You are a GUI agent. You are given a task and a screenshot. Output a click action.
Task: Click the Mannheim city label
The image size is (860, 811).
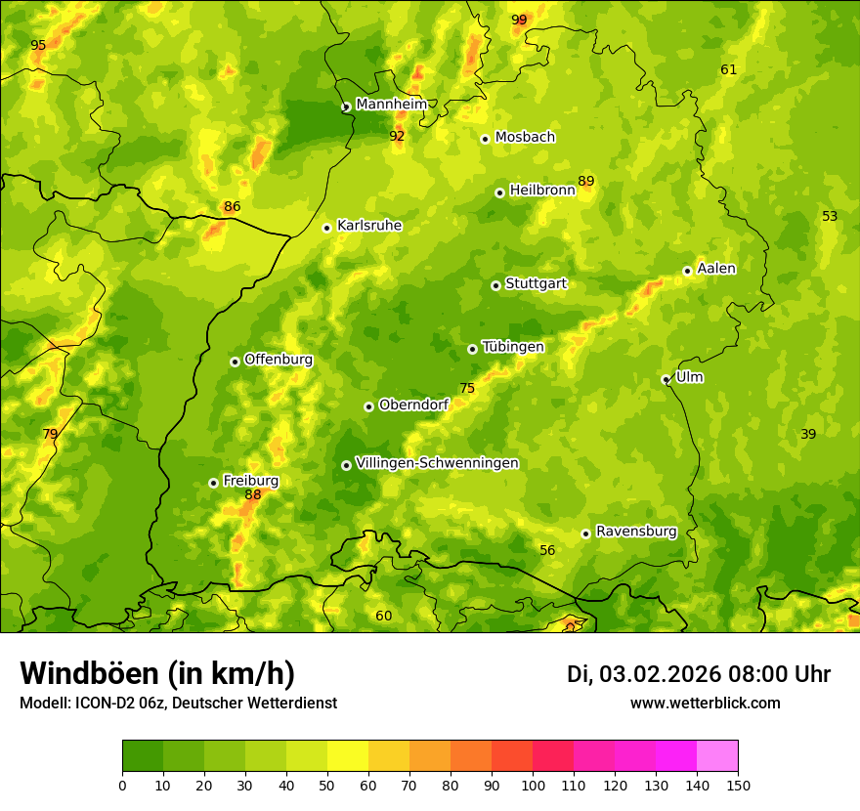pyautogui.click(x=391, y=105)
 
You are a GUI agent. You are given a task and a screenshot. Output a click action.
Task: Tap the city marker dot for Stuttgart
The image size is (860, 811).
pyautogui.click(x=495, y=285)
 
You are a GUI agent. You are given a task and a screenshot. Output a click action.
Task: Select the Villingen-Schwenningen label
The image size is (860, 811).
pyautogui.click(x=437, y=463)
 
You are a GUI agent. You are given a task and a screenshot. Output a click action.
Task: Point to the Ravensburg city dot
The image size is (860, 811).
pyautogui.click(x=585, y=534)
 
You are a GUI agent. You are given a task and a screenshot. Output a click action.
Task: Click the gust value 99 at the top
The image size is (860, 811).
pyautogui.click(x=519, y=21)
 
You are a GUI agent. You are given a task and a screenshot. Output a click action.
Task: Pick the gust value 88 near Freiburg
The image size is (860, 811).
pyautogui.click(x=253, y=495)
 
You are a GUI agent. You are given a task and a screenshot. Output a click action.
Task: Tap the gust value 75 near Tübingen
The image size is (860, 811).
pyautogui.click(x=467, y=389)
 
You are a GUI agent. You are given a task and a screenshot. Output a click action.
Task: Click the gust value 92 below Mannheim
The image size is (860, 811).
pyautogui.click(x=397, y=137)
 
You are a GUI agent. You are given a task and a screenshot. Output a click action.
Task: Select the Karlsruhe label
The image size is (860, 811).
pyautogui.click(x=368, y=226)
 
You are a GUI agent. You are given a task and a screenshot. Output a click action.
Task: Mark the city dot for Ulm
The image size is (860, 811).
pyautogui.click(x=666, y=379)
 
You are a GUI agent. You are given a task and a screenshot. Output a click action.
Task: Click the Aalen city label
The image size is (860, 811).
pyautogui.click(x=716, y=269)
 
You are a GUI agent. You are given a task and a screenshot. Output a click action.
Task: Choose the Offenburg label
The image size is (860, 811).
pyautogui.click(x=278, y=360)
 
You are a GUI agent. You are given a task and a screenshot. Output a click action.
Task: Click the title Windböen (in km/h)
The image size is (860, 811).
pyautogui.click(x=156, y=673)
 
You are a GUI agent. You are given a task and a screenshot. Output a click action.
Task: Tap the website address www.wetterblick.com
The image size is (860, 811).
pyautogui.click(x=705, y=704)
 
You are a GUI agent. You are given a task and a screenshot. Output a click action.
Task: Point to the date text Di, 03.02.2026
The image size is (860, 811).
pyautogui.click(x=643, y=674)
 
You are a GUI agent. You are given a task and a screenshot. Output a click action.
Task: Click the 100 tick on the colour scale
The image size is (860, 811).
pyautogui.click(x=533, y=785)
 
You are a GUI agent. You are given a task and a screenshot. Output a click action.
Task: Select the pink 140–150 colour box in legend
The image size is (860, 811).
pyautogui.click(x=717, y=755)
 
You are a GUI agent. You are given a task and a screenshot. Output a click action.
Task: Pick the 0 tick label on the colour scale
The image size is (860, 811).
pyautogui.click(x=122, y=785)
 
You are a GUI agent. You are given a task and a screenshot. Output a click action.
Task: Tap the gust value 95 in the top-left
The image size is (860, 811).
pyautogui.click(x=38, y=46)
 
